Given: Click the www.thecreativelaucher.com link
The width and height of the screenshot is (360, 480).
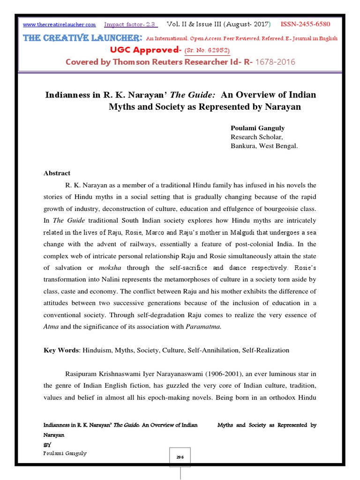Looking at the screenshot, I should click(59, 24).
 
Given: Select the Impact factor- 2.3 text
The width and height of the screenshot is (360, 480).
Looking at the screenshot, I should click(131, 24).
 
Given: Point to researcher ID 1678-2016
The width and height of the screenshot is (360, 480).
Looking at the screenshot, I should click(274, 62).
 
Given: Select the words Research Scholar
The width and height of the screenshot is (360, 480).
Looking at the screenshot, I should click(256, 137).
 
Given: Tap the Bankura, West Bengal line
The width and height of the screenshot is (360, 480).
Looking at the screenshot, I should click(264, 146).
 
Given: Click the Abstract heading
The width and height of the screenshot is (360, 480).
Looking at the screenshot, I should click(57, 173).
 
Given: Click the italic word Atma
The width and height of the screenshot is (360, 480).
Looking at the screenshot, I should click(51, 327).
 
